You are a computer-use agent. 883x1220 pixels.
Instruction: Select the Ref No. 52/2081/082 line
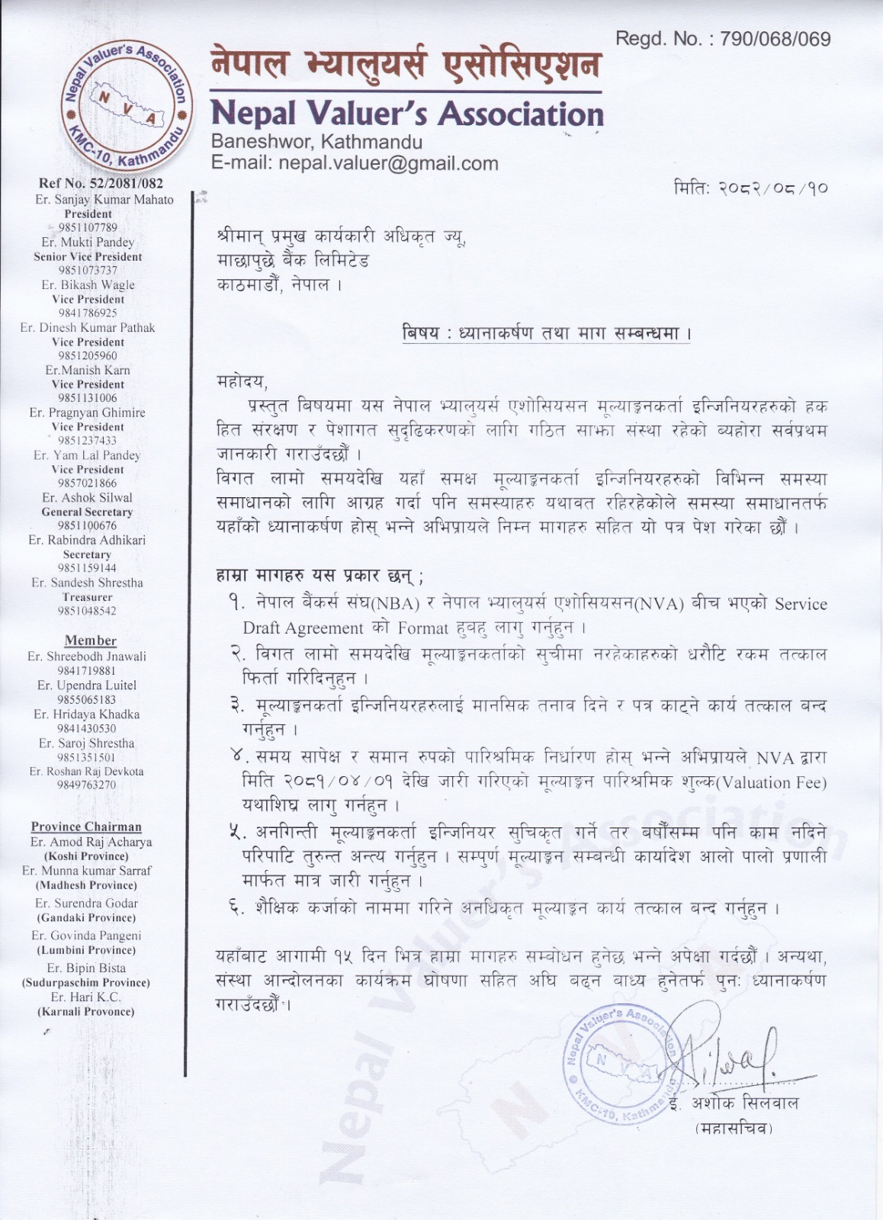tap(101, 183)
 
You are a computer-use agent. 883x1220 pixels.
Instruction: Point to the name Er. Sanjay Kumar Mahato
tap(104, 199)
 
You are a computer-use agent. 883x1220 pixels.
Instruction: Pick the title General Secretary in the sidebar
tap(87, 512)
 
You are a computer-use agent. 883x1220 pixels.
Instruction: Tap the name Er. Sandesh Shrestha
tap(87, 583)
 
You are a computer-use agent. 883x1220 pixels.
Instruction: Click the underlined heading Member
tap(90, 640)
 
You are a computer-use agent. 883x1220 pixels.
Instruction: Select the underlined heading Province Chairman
tap(86, 827)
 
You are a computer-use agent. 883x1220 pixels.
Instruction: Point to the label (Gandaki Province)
tap(86, 917)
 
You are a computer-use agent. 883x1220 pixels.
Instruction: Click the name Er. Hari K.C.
tap(86, 997)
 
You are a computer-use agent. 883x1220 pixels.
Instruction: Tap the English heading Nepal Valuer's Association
tap(406, 114)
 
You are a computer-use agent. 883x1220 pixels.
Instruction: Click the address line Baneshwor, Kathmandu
tap(316, 142)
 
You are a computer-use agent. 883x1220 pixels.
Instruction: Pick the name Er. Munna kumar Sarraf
tap(86, 871)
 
